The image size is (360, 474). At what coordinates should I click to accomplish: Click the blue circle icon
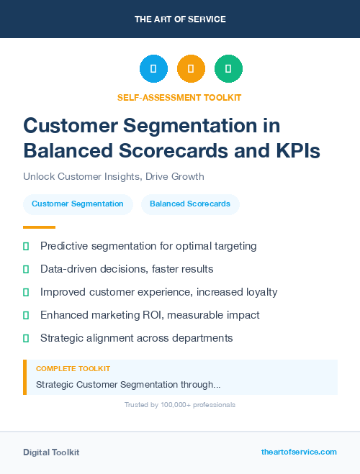click(x=153, y=68)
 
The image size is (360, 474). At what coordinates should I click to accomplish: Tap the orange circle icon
click(x=191, y=68)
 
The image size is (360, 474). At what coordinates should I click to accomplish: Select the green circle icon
click(x=228, y=68)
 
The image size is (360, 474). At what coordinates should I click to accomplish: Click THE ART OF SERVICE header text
click(x=180, y=19)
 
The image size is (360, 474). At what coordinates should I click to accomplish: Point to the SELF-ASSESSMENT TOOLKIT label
click(x=179, y=97)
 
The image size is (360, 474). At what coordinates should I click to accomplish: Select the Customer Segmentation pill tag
click(x=78, y=204)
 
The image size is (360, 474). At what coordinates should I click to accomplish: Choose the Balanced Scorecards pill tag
click(x=190, y=204)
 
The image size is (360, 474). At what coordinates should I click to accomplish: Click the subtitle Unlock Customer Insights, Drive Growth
click(x=114, y=176)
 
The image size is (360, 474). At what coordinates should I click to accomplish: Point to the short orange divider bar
click(x=39, y=227)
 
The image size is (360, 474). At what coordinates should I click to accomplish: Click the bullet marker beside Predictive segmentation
click(x=26, y=246)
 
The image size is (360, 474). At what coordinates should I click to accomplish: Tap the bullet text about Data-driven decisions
click(x=127, y=269)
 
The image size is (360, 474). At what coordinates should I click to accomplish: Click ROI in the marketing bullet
click(x=176, y=315)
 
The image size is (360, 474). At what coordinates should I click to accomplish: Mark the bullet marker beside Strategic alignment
click(x=26, y=338)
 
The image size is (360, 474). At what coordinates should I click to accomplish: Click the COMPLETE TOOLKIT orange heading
click(x=73, y=368)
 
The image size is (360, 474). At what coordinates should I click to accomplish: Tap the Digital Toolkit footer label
click(x=51, y=452)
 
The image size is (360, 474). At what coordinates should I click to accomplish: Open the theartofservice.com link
click(x=299, y=452)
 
